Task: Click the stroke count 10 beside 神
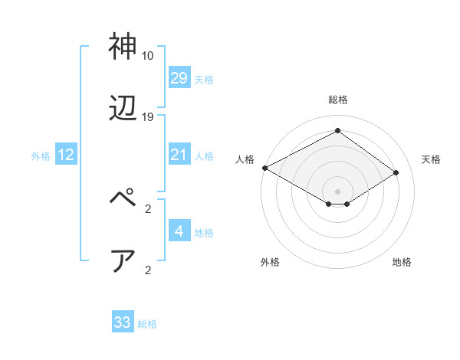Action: (x=148, y=56)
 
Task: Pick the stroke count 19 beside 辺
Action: (x=148, y=117)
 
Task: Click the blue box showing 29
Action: (x=179, y=78)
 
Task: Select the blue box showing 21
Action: (x=179, y=155)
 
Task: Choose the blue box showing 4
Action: (x=179, y=231)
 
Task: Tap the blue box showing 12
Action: (x=66, y=155)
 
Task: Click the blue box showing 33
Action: (x=123, y=322)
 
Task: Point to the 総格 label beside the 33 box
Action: (x=147, y=324)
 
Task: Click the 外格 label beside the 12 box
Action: (x=41, y=156)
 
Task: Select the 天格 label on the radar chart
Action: (x=432, y=159)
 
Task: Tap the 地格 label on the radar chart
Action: (x=402, y=262)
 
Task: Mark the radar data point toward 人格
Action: (x=264, y=168)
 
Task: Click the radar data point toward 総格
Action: (x=337, y=130)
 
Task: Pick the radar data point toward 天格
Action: (x=396, y=172)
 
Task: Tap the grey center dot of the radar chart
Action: (x=337, y=190)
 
